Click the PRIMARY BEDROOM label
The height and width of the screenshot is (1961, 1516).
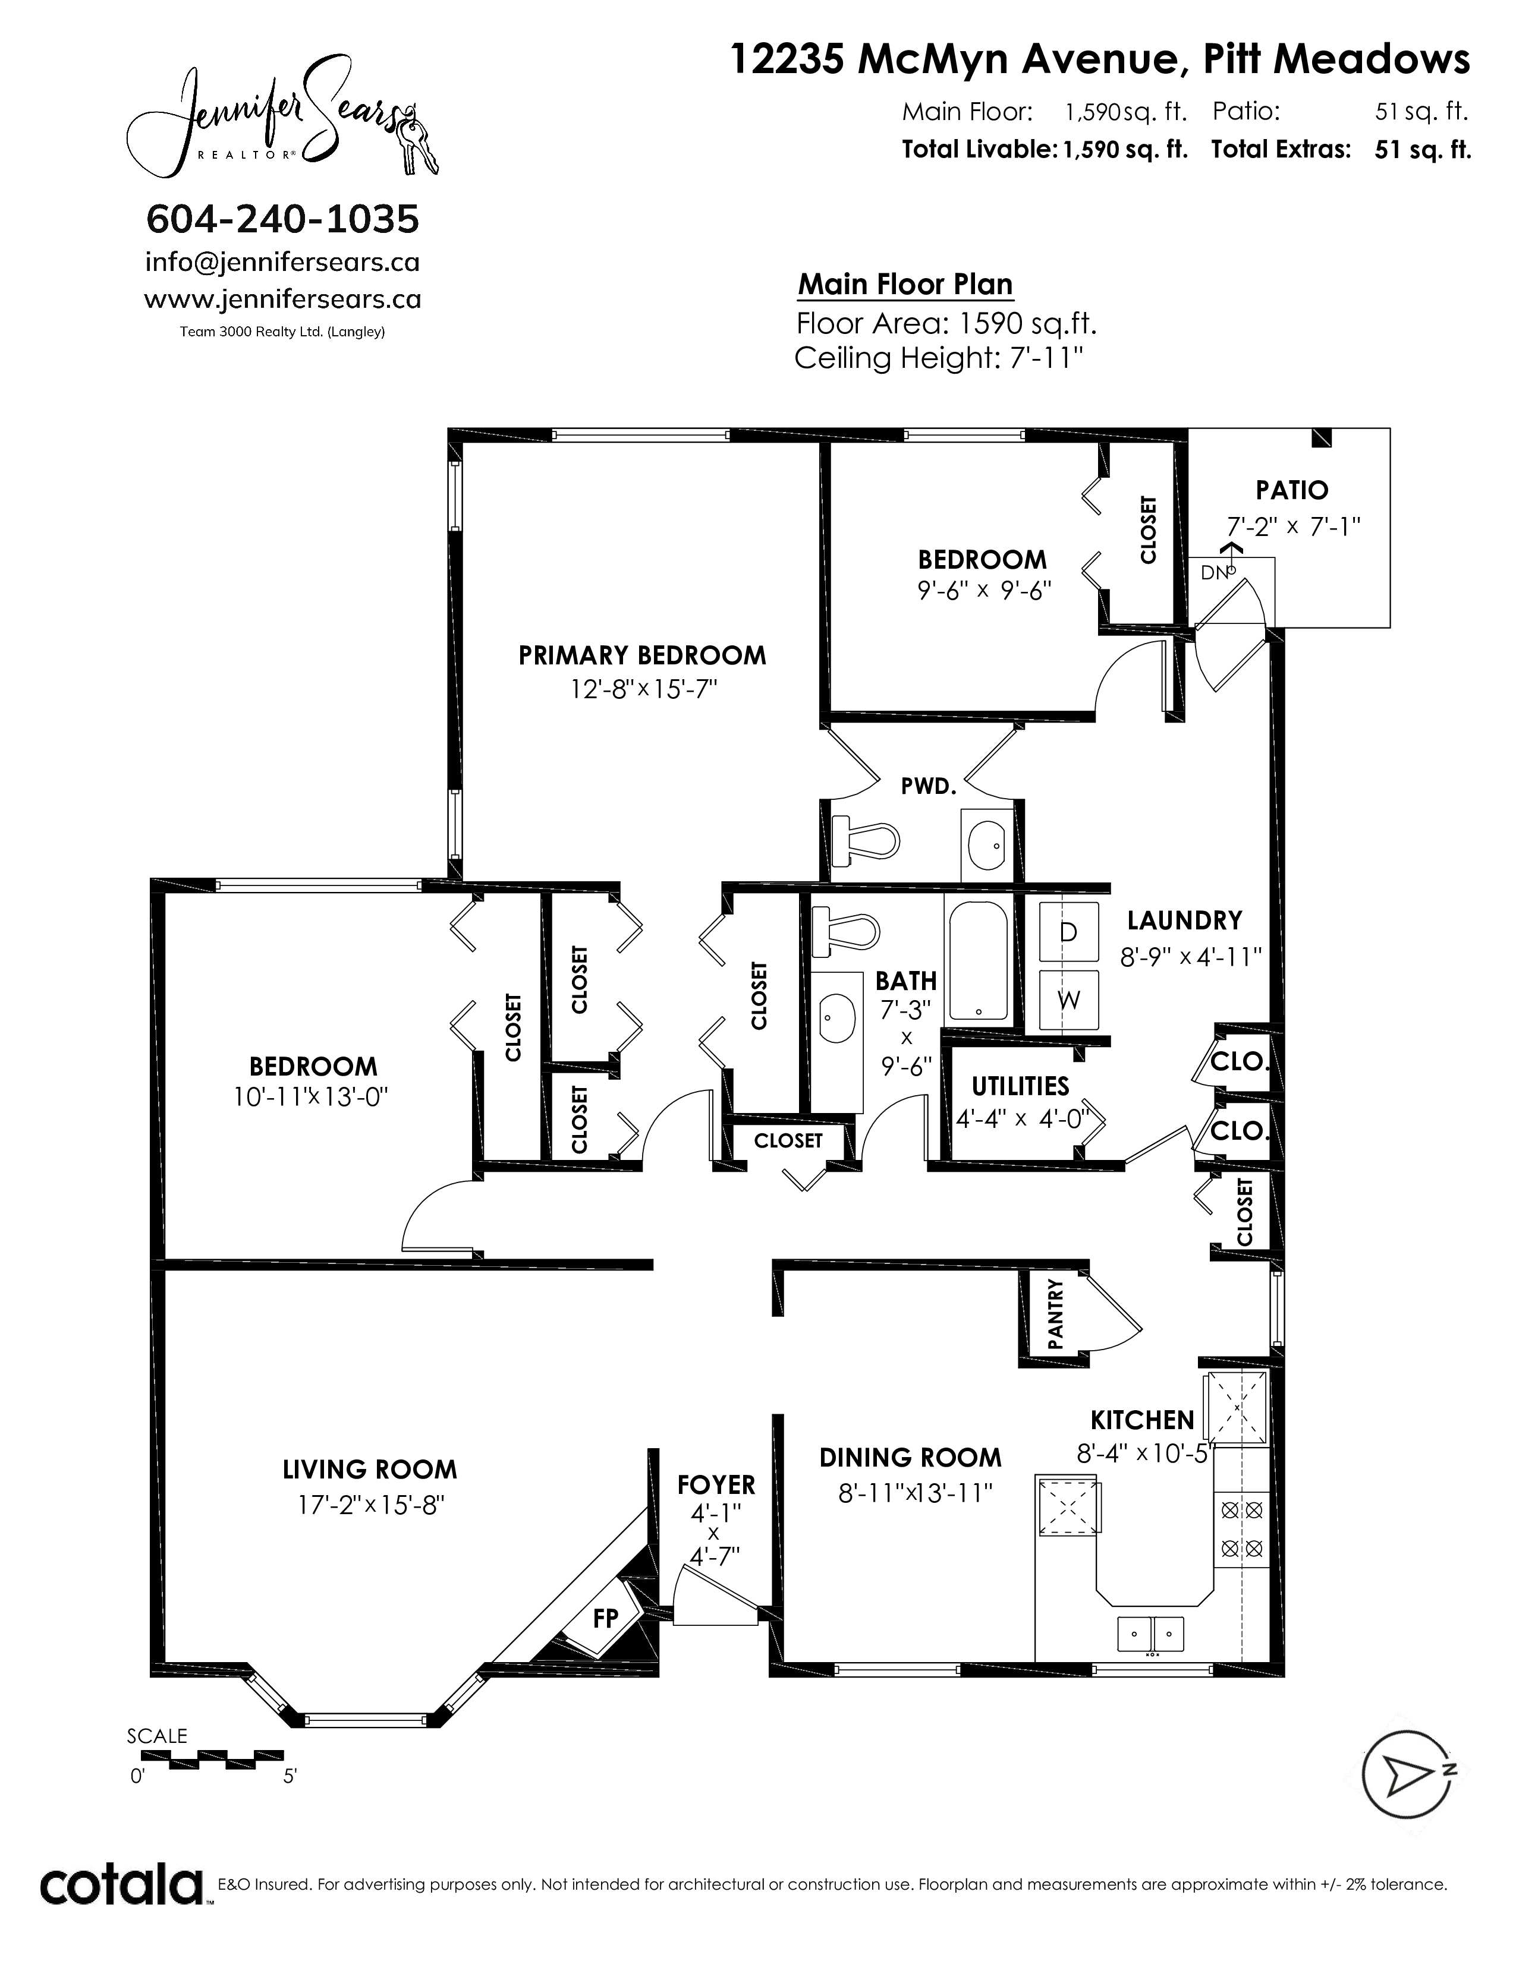click(x=642, y=655)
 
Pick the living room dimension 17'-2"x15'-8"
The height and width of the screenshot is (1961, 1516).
click(x=371, y=1504)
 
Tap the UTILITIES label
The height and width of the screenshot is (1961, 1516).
click(x=1020, y=1086)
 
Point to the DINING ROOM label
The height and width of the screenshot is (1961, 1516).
click(x=910, y=1457)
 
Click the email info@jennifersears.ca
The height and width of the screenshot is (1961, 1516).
click(x=282, y=262)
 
